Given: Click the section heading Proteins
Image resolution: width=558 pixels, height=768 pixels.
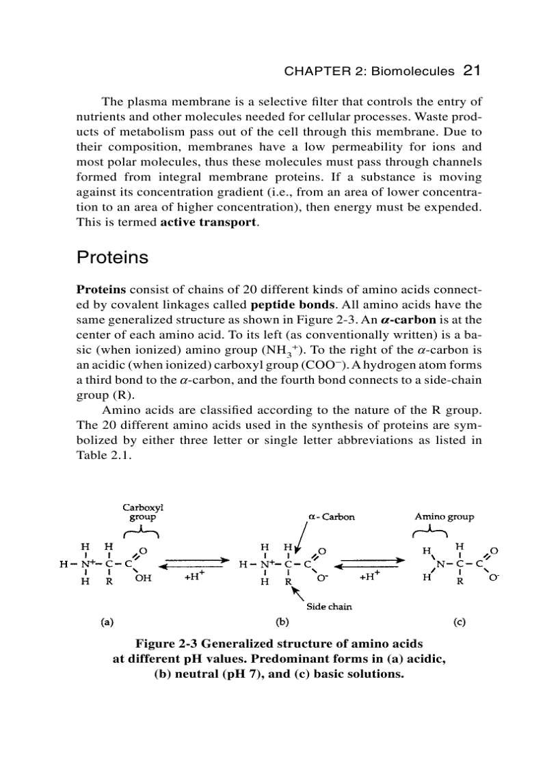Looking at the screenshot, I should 112,258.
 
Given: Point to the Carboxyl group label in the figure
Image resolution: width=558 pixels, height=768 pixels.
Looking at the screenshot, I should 142,512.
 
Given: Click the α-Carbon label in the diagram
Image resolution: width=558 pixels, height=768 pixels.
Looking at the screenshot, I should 331,517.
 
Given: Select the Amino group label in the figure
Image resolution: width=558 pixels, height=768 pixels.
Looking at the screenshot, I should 444,517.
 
